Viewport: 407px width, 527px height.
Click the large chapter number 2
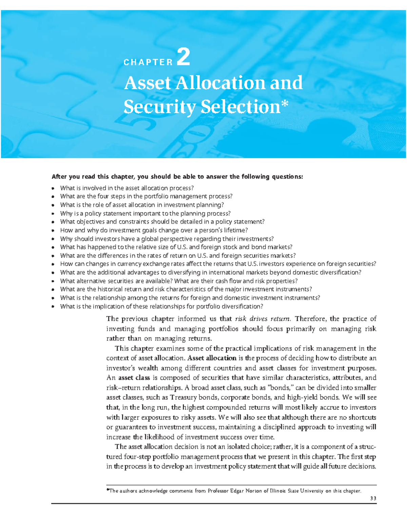[x=183, y=57]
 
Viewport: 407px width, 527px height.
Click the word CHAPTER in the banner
[x=148, y=62]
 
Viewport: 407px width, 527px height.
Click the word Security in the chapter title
[x=159, y=107]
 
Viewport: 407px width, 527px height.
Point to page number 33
[x=373, y=498]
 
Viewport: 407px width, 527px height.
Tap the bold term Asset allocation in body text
[x=212, y=358]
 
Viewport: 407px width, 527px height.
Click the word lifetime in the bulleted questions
[x=228, y=230]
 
